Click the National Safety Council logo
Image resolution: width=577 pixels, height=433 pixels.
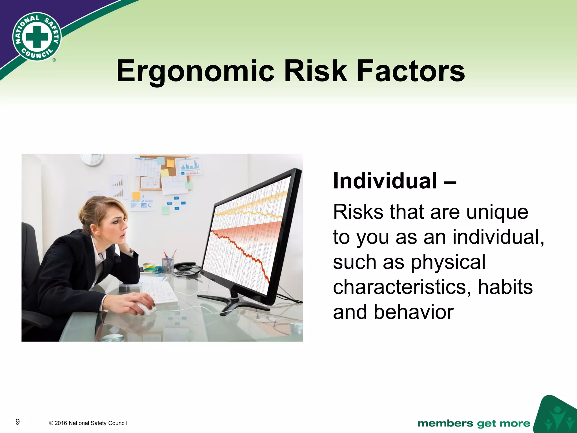point(37,37)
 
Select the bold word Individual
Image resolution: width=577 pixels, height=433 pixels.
point(385,181)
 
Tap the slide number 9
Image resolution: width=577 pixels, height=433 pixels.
point(17,422)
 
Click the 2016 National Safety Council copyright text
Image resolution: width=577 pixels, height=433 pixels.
point(88,423)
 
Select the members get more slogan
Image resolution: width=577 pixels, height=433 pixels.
point(474,423)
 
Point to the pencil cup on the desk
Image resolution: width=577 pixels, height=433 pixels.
point(168,265)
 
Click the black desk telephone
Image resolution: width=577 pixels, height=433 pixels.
point(186,266)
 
